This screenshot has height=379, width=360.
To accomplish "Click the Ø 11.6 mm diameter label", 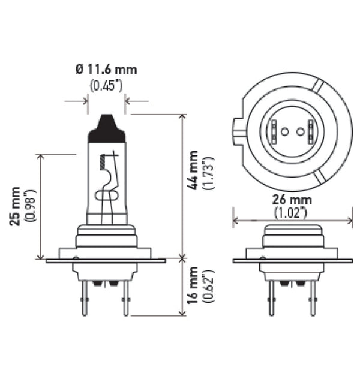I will tap(106, 70).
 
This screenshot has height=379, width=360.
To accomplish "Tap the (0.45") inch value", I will tap(106, 85).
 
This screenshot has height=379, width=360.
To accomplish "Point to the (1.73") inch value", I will tap(208, 173).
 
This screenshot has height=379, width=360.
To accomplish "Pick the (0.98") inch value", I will tap(29, 205).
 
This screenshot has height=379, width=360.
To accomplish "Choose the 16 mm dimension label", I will tap(194, 287).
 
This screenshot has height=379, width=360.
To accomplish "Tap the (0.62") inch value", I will tap(208, 287).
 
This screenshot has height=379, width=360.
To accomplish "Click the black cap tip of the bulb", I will tap(107, 128).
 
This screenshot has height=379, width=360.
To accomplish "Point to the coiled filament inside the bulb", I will tap(104, 161).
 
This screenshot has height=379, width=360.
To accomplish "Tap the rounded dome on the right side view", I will tap(292, 228).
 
